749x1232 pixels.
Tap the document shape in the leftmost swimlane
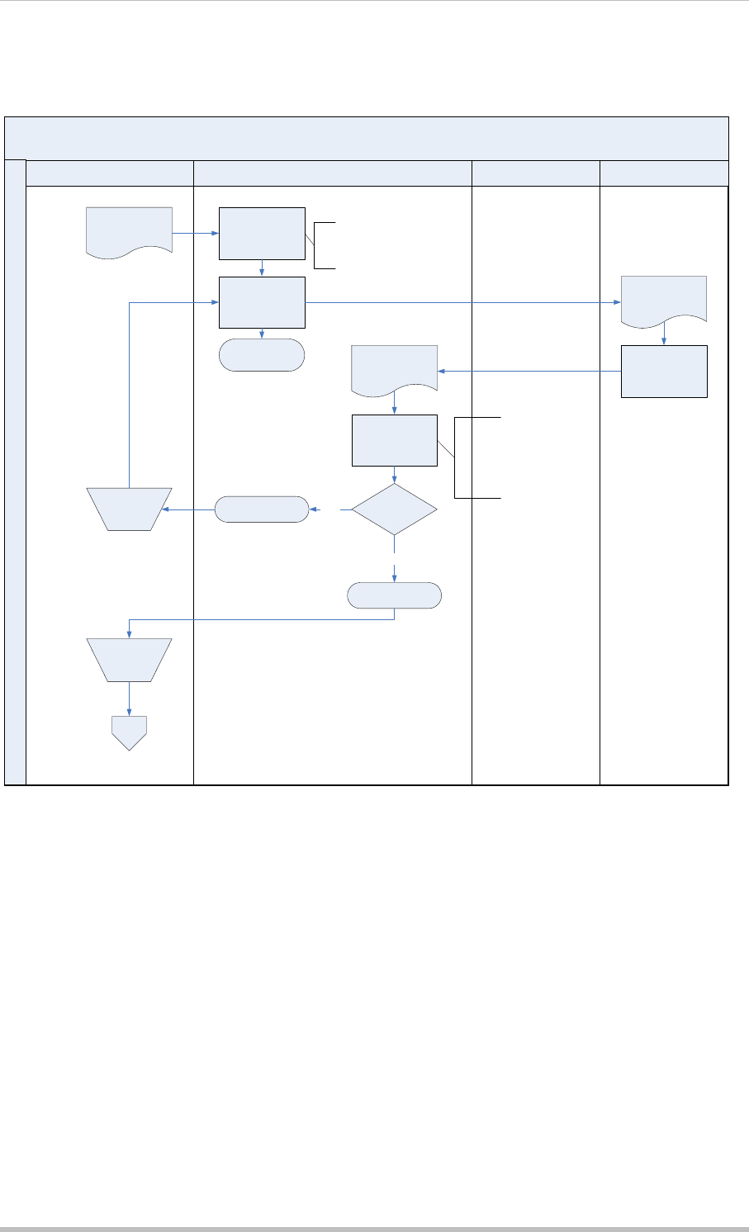pyautogui.click(x=129, y=232)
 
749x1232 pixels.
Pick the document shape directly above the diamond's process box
pyautogui.click(x=394, y=368)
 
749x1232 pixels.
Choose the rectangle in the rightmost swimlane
pyautogui.click(x=664, y=372)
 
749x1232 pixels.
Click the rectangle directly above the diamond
pyautogui.click(x=394, y=441)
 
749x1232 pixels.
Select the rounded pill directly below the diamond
pyautogui.click(x=394, y=595)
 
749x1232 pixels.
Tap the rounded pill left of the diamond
pyautogui.click(x=261, y=509)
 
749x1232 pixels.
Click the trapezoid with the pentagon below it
pyautogui.click(x=129, y=659)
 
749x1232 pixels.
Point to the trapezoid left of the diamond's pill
pyautogui.click(x=129, y=509)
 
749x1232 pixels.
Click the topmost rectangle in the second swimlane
pyautogui.click(x=262, y=234)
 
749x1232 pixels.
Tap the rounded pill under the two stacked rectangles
pyautogui.click(x=262, y=355)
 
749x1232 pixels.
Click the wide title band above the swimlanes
pyautogui.click(x=367, y=138)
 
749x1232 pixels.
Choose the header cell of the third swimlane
pyautogui.click(x=535, y=173)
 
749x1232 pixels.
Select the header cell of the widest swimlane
pyautogui.click(x=332, y=173)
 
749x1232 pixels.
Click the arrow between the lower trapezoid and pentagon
pyautogui.click(x=129, y=699)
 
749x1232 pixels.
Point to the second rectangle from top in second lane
pyautogui.click(x=262, y=302)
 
